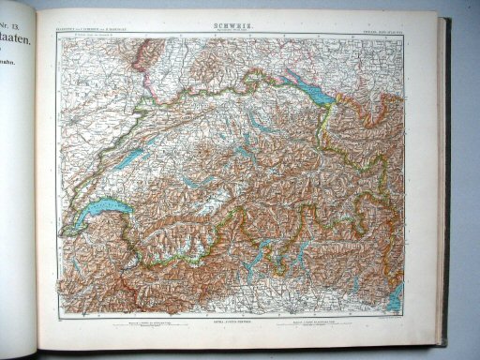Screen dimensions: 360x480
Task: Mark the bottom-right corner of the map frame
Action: [x=405, y=316]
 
